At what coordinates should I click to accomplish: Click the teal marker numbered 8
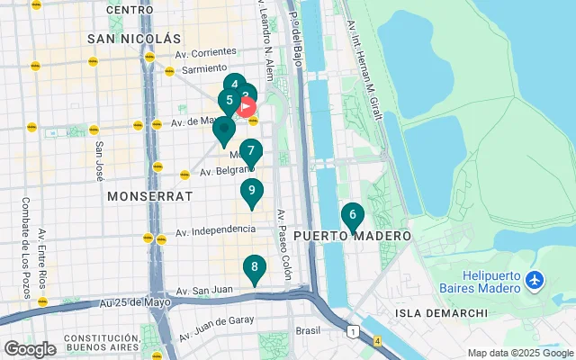255,268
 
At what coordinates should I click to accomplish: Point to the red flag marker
247,108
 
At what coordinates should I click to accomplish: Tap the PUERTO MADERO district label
352,236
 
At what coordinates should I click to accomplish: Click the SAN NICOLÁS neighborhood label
134,39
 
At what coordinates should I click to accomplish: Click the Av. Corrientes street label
208,53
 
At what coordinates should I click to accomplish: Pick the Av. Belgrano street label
222,170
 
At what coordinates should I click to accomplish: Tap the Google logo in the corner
30,348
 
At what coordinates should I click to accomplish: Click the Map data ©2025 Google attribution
519,353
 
